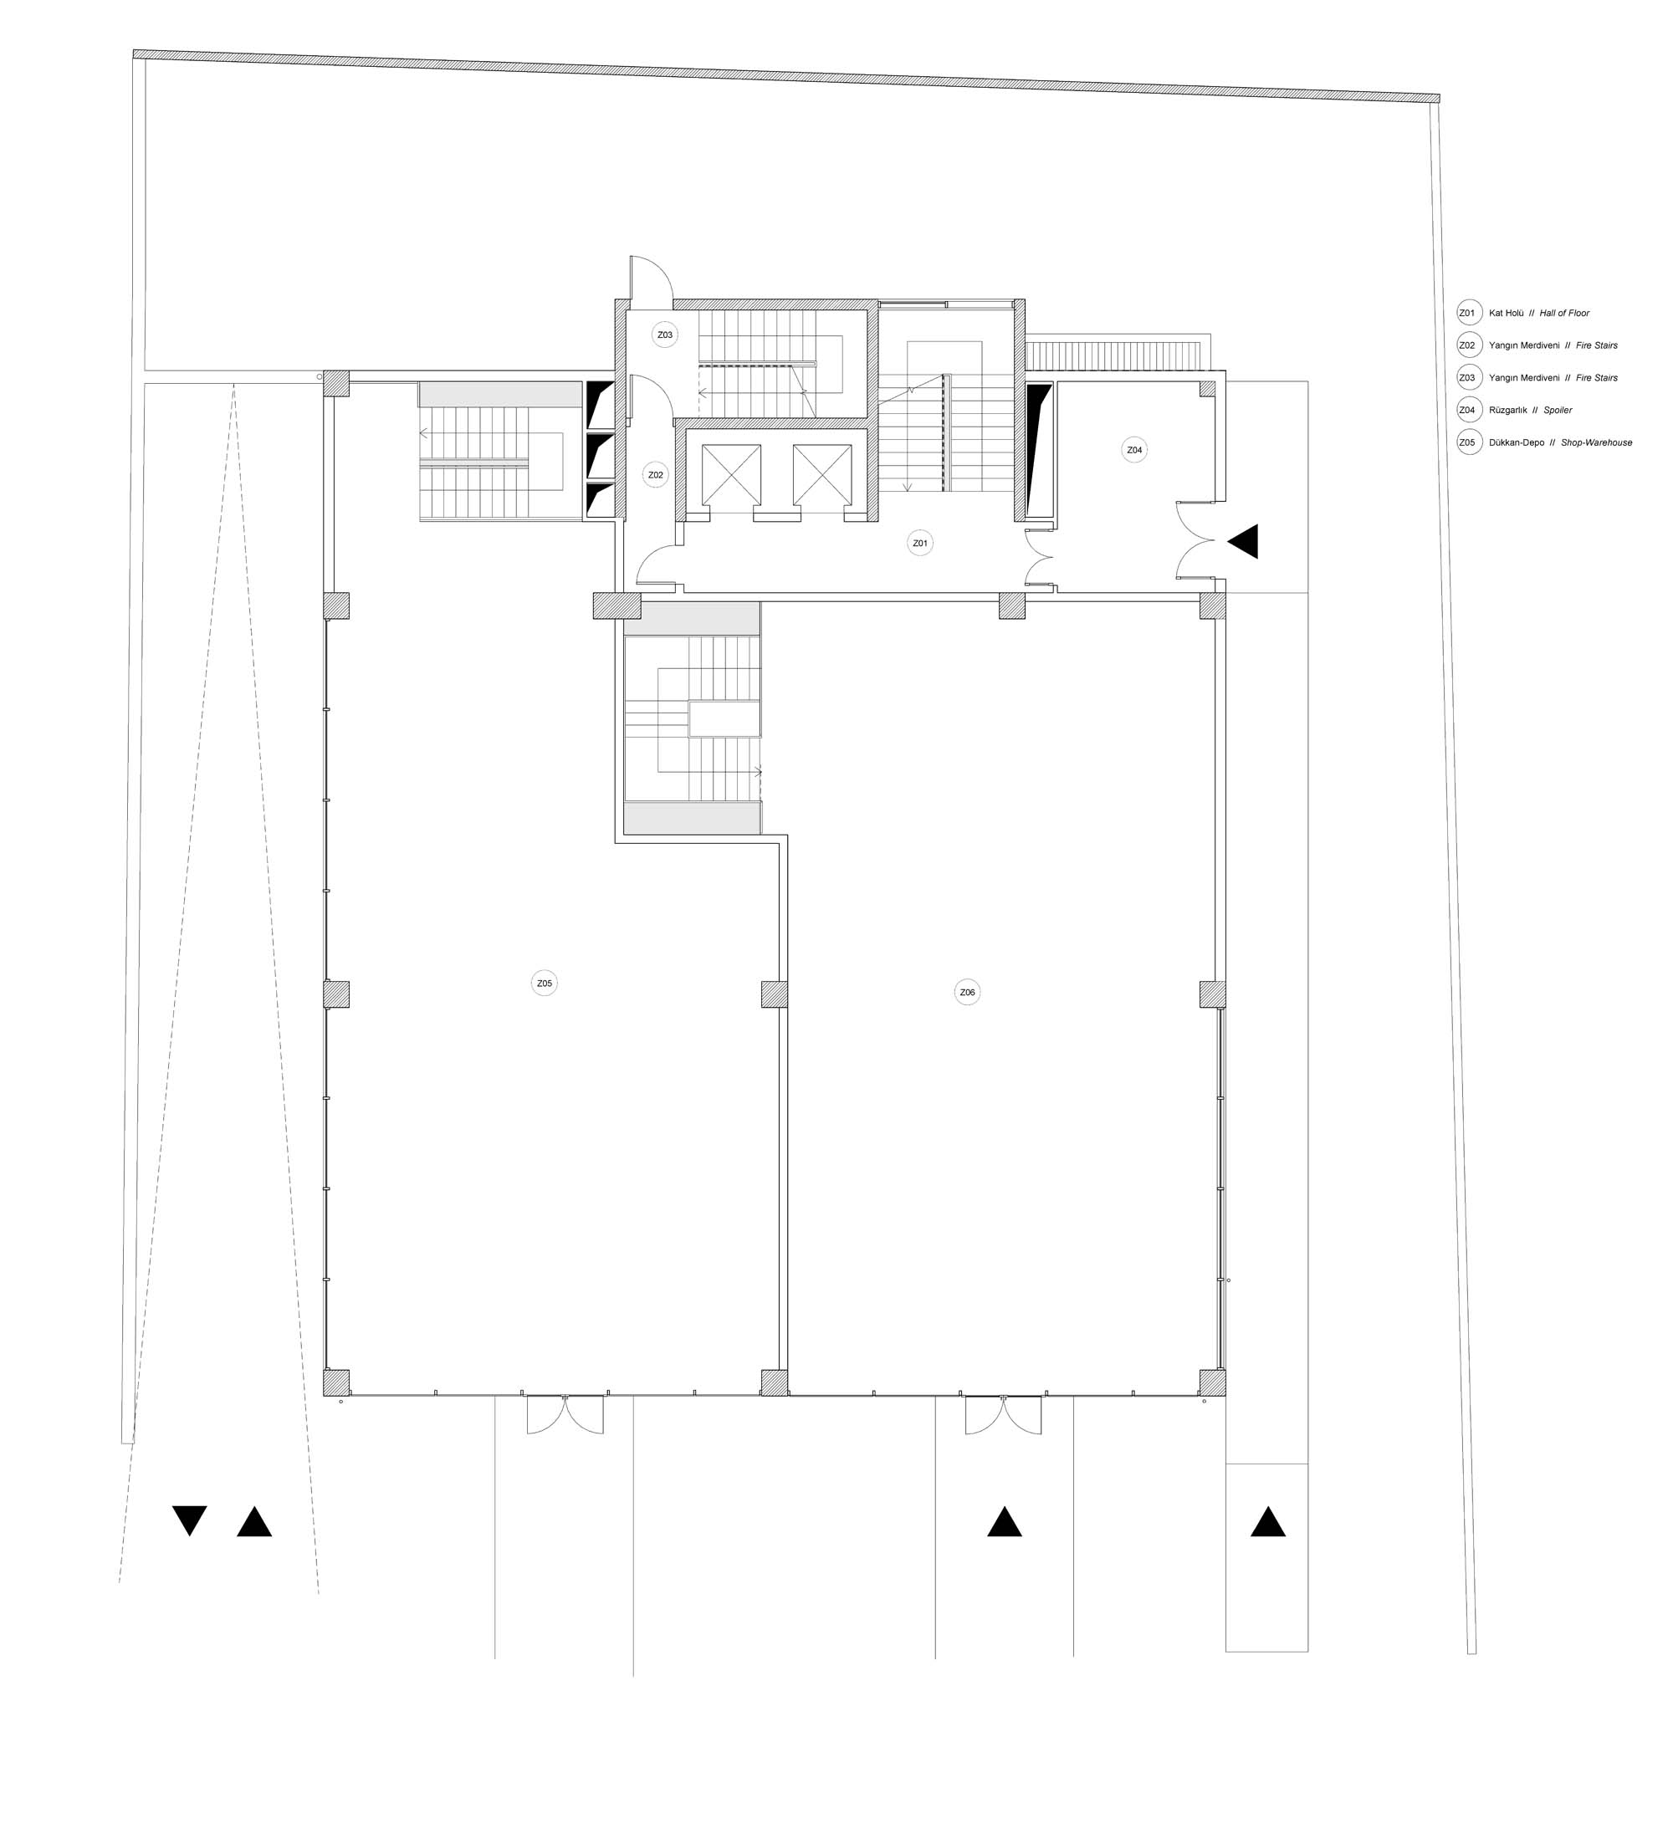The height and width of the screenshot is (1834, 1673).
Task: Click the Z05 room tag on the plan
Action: [544, 983]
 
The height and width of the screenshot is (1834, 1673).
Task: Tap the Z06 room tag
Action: [967, 993]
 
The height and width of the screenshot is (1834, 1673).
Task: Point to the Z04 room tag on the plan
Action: [1133, 450]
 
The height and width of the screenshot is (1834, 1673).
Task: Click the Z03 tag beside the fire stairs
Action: [665, 335]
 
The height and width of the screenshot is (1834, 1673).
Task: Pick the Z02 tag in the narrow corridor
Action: [654, 475]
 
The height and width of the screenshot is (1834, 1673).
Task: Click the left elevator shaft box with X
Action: [731, 475]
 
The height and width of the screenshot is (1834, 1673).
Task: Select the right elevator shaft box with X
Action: [821, 475]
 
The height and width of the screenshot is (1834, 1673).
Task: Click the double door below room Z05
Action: [565, 1415]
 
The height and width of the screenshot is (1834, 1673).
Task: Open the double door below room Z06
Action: [1004, 1415]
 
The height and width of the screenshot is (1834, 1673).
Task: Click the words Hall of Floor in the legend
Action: [1565, 313]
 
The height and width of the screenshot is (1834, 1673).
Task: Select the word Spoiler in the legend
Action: [1558, 411]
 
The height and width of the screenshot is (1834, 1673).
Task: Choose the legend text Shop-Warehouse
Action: [1597, 443]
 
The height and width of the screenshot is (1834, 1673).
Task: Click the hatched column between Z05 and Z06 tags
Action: [775, 994]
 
